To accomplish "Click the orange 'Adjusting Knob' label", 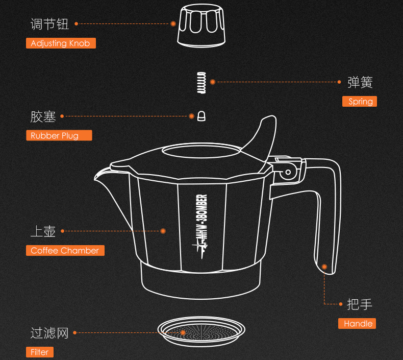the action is tap(61, 43).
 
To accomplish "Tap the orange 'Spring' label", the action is tap(360, 102).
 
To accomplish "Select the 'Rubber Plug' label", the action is tap(59, 135).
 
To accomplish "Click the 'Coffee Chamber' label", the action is tap(65, 250).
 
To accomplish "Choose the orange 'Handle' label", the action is tap(357, 323).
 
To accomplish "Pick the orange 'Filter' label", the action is tap(40, 352).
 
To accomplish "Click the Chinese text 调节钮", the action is tap(49, 24).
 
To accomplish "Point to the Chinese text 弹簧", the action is tap(360, 82).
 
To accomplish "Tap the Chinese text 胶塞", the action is tap(43, 116).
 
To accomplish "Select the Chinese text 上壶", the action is tap(43, 231).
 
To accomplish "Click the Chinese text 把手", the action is tap(359, 304).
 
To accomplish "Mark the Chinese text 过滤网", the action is tap(49, 333).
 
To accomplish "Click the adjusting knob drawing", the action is tap(201, 26).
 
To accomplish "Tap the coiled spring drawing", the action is tap(201, 83).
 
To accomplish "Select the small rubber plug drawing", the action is tap(201, 116).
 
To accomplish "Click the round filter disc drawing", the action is tap(201, 332).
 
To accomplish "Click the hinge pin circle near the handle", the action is tap(288, 172).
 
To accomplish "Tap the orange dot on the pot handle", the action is tap(324, 267).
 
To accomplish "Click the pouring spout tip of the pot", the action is tap(95, 178).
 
